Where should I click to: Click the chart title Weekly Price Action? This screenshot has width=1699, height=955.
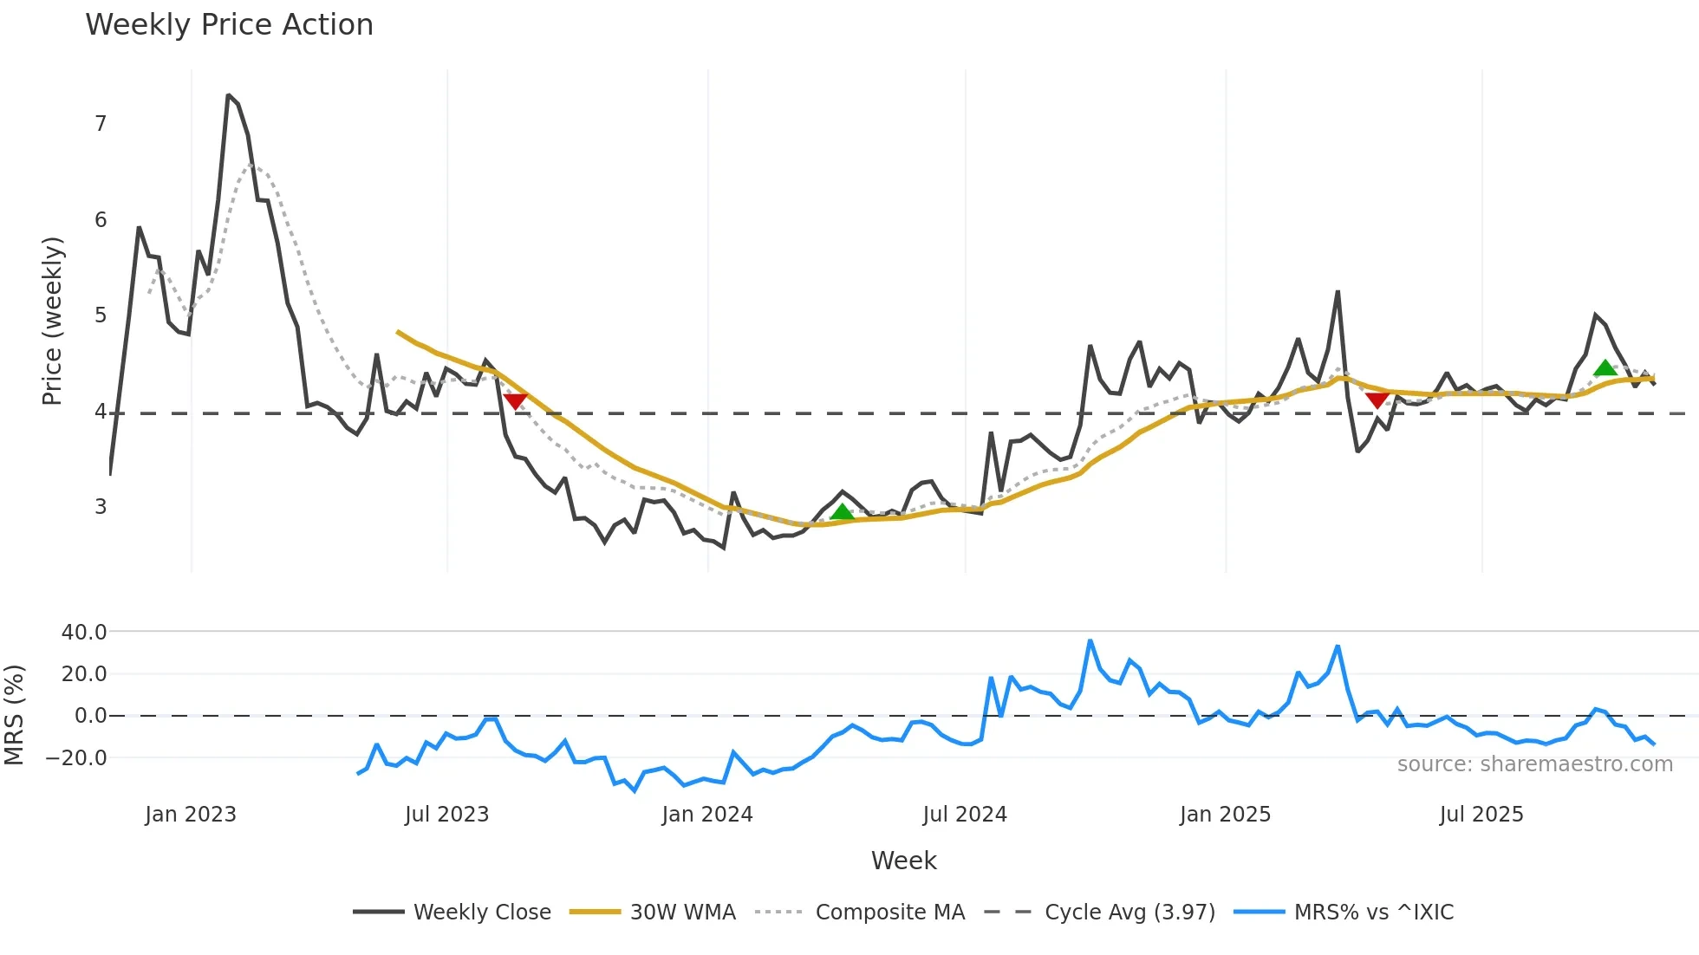(x=229, y=25)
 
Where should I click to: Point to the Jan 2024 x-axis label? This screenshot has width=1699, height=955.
(x=707, y=815)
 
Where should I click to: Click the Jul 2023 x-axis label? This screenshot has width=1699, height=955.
(x=446, y=815)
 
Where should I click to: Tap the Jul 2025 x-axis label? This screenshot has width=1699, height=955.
(x=1481, y=815)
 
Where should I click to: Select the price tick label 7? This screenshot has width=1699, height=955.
(x=101, y=124)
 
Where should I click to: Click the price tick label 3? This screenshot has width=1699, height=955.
(x=101, y=507)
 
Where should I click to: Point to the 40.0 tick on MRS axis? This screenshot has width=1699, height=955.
(x=84, y=633)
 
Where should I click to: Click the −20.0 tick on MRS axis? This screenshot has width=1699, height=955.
(x=76, y=758)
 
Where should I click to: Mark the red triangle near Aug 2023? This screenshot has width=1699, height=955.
(x=515, y=401)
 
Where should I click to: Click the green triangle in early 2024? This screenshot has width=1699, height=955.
(x=842, y=512)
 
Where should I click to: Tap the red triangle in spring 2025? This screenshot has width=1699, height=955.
(x=1377, y=400)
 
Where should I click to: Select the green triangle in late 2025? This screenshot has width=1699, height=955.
(x=1605, y=368)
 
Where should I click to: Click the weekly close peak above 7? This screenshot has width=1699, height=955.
(x=228, y=95)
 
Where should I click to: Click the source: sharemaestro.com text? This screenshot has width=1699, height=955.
(x=1534, y=764)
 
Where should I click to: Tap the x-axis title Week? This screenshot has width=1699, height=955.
(x=903, y=861)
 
